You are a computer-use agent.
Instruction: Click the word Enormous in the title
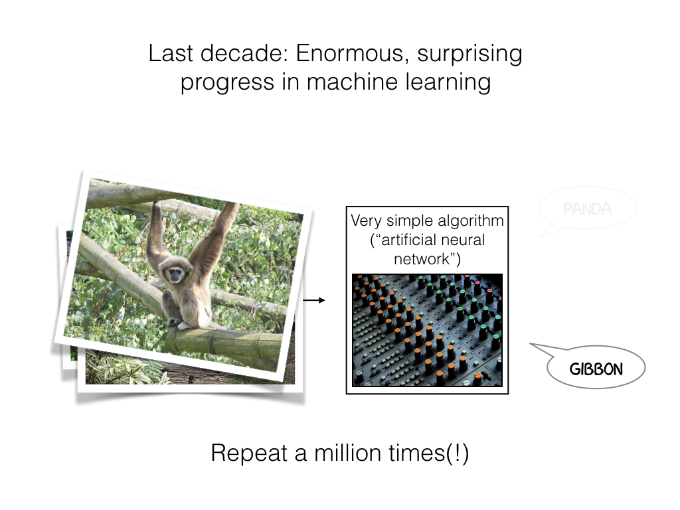pos(352,53)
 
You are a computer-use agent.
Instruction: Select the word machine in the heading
pos(353,82)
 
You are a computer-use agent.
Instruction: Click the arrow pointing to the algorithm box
pos(314,300)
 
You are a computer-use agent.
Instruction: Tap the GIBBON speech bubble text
pos(596,369)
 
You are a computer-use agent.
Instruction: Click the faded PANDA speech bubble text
pos(587,209)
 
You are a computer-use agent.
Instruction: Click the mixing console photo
pos(427,330)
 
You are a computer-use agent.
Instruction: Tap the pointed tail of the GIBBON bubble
pos(531,345)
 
